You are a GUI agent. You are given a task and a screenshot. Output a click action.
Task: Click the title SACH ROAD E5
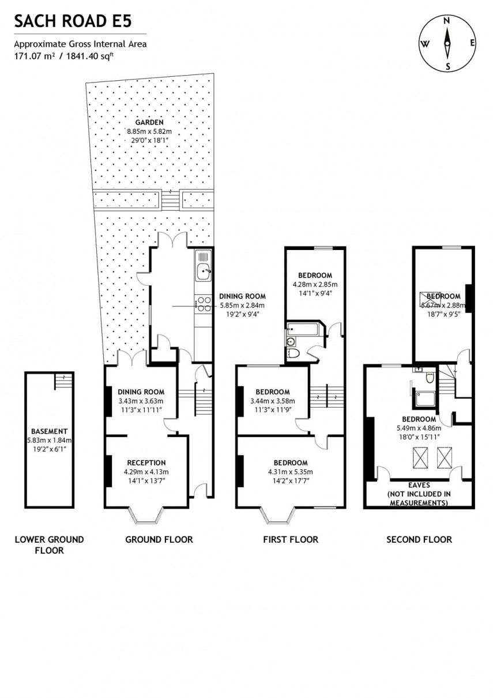[73, 22]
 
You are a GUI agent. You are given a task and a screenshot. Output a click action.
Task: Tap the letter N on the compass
[446, 20]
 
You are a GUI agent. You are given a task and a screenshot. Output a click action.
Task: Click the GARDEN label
[149, 122]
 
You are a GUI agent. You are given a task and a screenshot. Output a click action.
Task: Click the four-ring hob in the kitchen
[204, 304]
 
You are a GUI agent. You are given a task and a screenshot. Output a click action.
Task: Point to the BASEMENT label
[50, 431]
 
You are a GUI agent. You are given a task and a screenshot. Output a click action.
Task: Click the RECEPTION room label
[146, 462]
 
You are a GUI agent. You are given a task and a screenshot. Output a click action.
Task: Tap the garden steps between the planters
[171, 200]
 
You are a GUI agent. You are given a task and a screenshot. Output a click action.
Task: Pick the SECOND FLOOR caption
[419, 539]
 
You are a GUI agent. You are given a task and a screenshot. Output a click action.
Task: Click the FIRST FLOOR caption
[290, 539]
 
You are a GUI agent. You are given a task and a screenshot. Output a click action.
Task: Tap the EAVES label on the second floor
[419, 486]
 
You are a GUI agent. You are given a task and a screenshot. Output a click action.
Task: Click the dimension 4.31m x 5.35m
[290, 472]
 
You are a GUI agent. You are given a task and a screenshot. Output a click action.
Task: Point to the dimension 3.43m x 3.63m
[141, 401]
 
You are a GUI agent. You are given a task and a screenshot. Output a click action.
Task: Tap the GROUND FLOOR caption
[159, 539]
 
